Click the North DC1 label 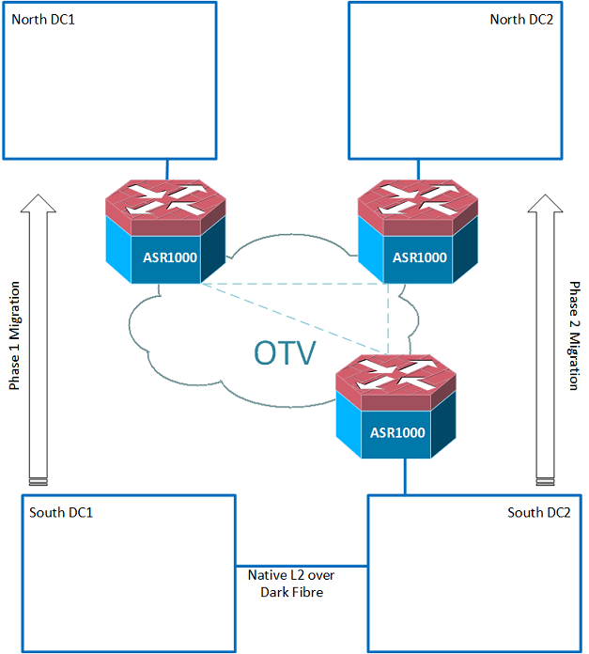[x=43, y=19]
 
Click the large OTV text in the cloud [x=285, y=351]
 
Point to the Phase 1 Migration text [x=15, y=335]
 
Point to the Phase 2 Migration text [x=573, y=335]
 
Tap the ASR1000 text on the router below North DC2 [x=419, y=257]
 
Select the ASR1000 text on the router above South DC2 [x=396, y=433]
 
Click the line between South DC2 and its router [x=405, y=477]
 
